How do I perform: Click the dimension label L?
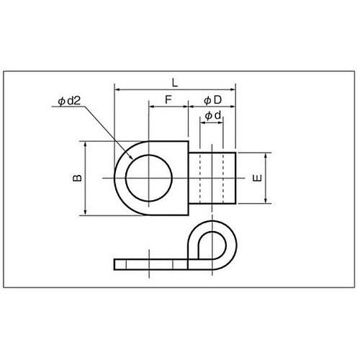coord(175,83)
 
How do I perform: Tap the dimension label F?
coord(168,100)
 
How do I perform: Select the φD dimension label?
coord(213,100)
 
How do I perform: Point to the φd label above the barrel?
coord(213,116)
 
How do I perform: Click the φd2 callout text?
coord(69,101)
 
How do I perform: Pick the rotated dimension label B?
coord(77,178)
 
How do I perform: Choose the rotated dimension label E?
coord(258,178)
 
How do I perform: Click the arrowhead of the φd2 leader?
coord(131,157)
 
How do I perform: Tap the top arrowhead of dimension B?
coord(86,143)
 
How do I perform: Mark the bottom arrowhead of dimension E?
coord(266,201)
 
